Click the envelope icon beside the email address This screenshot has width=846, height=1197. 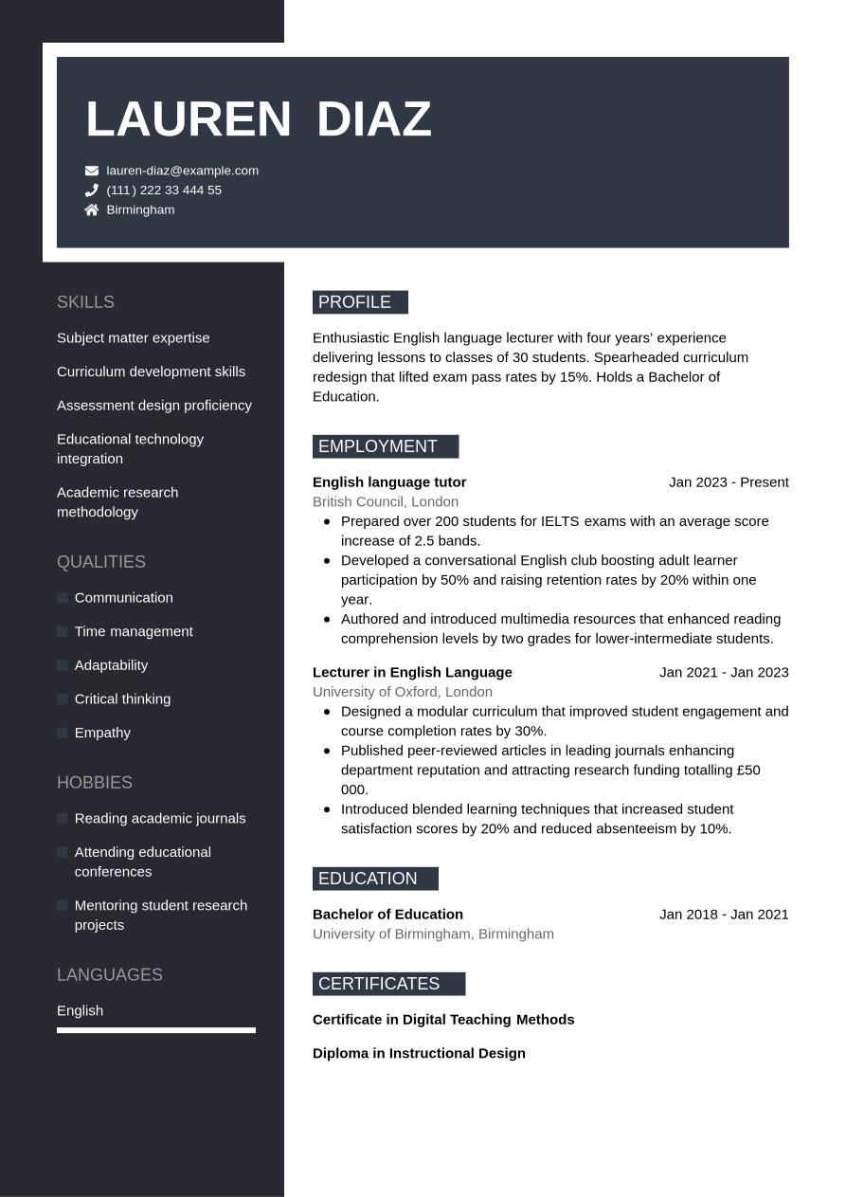92,171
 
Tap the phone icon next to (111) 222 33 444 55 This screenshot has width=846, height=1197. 92,190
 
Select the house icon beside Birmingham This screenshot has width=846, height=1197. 92,210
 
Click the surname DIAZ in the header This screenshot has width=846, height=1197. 373,119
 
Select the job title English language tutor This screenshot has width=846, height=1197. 389,482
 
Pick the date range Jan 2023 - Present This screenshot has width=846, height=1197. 729,482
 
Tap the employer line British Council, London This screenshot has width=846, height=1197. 386,502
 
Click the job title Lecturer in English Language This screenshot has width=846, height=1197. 412,672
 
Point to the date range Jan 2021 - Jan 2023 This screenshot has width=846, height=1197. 724,672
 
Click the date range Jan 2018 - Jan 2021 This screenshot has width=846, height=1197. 724,915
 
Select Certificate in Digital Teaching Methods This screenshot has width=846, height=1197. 443,1020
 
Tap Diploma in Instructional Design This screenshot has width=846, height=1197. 419,1053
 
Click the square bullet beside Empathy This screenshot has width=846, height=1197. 63,733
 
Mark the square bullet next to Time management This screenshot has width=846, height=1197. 63,631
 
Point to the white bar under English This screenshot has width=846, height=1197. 156,1030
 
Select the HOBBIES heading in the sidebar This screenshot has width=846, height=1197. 95,783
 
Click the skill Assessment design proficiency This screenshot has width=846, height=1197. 154,406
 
